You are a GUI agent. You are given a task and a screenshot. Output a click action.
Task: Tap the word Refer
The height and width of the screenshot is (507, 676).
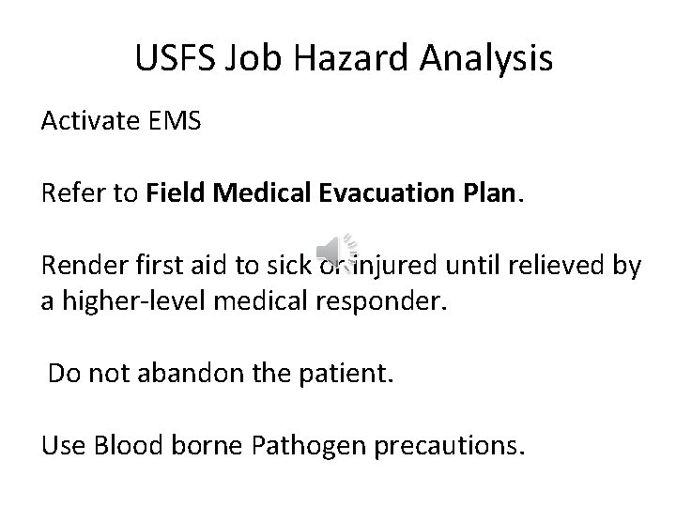click(x=69, y=194)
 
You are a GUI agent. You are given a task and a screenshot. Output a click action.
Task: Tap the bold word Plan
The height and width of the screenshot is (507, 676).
click(x=488, y=194)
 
